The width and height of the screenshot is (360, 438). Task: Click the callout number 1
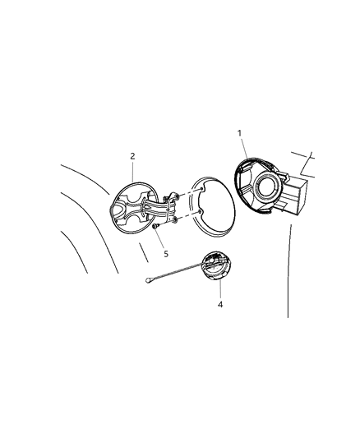(x=239, y=133)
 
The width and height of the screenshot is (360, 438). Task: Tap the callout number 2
(x=132, y=155)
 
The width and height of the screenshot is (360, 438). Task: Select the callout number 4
(x=220, y=305)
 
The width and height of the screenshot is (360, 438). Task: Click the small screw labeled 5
(x=155, y=227)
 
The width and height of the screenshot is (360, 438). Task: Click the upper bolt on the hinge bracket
(x=175, y=196)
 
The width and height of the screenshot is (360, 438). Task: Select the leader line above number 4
(x=219, y=290)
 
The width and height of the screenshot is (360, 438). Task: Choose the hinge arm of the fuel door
(x=156, y=210)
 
